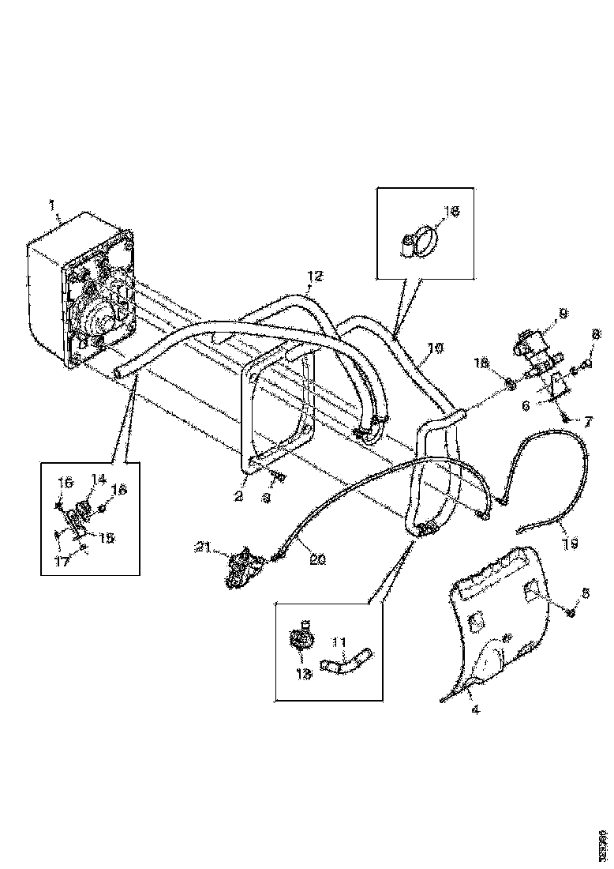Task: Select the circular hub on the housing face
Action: pos(101,320)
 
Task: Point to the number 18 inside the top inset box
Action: pos(451,213)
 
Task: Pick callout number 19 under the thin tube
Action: pos(571,544)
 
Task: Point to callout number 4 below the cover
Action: pos(475,709)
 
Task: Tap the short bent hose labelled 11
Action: pos(347,660)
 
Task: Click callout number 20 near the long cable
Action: pos(318,559)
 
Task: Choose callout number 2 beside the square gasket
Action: pos(238,496)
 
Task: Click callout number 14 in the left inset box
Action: pos(99,478)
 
